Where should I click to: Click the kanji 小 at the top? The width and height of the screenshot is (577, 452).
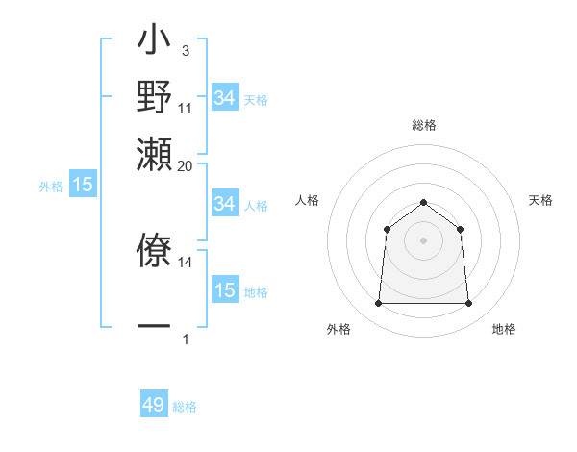[x=155, y=43]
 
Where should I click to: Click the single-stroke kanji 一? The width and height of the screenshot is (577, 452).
[x=155, y=327]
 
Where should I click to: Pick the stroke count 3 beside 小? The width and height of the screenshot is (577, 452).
[x=185, y=51]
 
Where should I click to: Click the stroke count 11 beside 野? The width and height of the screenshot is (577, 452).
[x=186, y=108]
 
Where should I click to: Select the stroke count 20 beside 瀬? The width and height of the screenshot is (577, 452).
[x=186, y=164]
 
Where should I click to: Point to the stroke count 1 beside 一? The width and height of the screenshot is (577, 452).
[x=185, y=339]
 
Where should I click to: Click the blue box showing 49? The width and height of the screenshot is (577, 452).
[x=154, y=405]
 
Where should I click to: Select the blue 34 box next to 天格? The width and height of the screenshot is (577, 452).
[x=225, y=98]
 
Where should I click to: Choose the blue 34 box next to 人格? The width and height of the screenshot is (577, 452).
[x=225, y=204]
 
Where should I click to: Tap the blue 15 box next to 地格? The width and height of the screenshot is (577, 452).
[x=225, y=290]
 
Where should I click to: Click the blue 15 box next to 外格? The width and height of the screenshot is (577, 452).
[x=83, y=185]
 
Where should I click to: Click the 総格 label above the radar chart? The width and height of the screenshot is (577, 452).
[x=424, y=125]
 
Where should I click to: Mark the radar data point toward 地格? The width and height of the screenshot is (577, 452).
[x=468, y=304]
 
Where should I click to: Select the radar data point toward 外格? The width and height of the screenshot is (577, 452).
[x=378, y=304]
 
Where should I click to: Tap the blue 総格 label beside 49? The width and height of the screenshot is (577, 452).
[x=185, y=407]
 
